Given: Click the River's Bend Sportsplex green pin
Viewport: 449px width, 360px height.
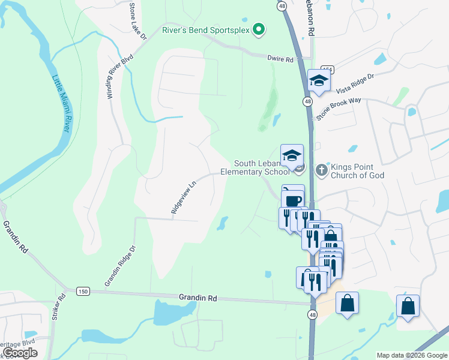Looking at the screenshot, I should pos(259,29).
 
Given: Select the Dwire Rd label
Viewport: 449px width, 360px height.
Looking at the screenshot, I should pos(280,59).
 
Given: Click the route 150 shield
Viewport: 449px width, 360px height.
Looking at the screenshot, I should pos(83,291).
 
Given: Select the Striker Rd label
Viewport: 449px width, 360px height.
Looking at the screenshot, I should pos(61,307).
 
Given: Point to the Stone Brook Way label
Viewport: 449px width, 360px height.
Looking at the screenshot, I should pos(339,108).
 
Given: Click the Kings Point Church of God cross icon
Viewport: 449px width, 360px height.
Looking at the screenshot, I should pos(321,170).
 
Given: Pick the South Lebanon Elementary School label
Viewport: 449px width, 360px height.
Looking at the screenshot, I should pos(262,167).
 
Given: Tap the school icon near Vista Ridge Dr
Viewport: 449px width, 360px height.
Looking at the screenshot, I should pos(319,81).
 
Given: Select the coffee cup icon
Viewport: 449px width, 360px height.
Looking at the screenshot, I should pos(292,200).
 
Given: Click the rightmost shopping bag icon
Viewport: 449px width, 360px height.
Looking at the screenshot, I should pos(408,306).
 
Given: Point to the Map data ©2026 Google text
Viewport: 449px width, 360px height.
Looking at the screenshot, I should pos(411,355).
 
